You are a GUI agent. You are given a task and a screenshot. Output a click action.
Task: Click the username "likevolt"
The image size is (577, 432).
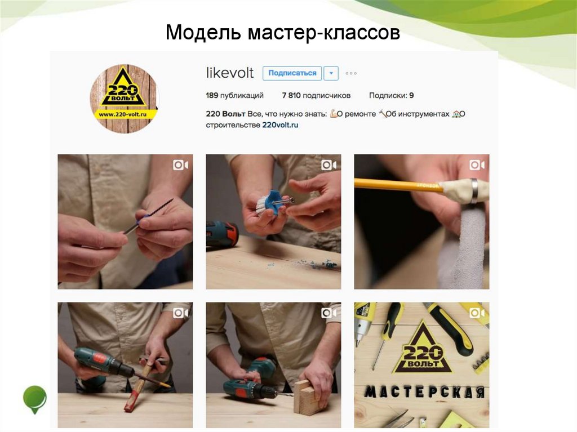point(230,73)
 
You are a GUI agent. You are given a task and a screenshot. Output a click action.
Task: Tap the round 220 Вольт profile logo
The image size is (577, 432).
point(124,98)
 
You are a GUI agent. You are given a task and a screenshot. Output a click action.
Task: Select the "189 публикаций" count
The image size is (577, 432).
point(234,96)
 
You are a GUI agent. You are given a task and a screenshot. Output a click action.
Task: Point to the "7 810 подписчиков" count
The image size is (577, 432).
point(316,96)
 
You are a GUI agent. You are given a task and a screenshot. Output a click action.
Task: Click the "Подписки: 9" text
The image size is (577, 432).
point(392,96)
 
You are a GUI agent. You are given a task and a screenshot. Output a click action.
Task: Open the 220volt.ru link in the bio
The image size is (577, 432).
point(280,125)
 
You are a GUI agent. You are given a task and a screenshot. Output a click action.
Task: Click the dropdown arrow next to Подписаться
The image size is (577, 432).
point(331,73)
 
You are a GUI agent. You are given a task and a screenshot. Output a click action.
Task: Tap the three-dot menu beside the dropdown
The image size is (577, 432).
point(351,73)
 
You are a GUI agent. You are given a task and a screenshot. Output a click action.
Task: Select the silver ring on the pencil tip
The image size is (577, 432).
point(474,191)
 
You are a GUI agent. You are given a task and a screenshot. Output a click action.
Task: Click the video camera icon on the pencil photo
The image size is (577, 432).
point(477,165)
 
